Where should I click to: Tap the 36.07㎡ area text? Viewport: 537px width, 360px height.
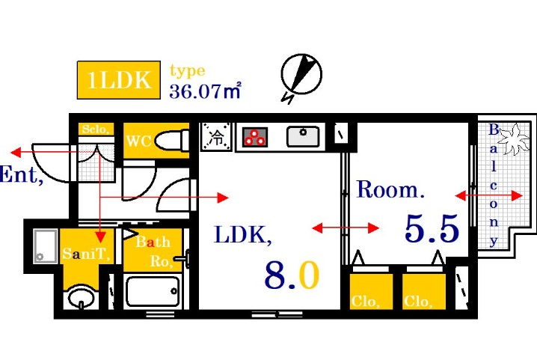pyautogui.click(x=204, y=92)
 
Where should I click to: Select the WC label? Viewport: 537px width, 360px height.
pyautogui.click(x=139, y=141)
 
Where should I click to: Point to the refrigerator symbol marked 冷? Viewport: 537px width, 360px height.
pyautogui.click(x=216, y=137)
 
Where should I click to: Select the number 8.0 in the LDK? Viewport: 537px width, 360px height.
pyautogui.click(x=291, y=275)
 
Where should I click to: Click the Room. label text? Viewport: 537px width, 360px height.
pyautogui.click(x=390, y=189)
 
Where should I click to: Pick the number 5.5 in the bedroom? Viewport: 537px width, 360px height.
pyautogui.click(x=431, y=229)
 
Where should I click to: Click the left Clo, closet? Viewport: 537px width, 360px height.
pyautogui.click(x=371, y=292)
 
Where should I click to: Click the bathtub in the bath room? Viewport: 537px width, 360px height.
pyautogui.click(x=153, y=291)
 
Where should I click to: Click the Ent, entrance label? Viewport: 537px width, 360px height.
pyautogui.click(x=20, y=177)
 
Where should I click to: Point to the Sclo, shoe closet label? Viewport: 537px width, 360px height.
pyautogui.click(x=96, y=129)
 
